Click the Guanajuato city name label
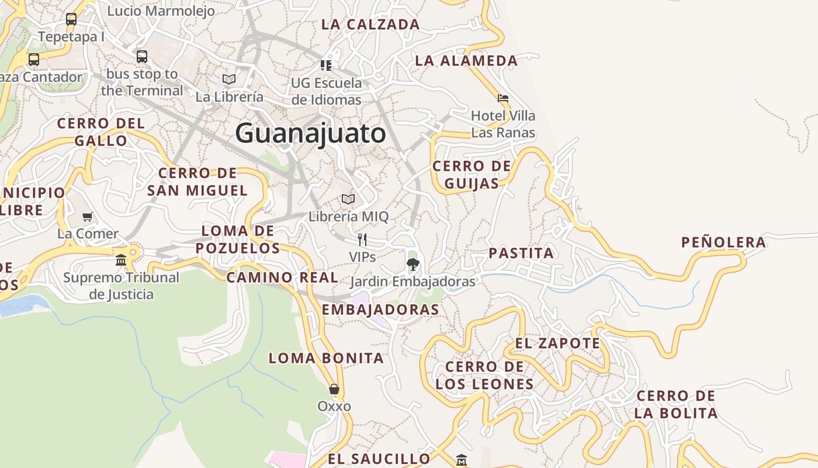(x=310, y=133)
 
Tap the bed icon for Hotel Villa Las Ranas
(x=502, y=98)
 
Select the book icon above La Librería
(x=229, y=79)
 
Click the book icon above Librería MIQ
(x=348, y=199)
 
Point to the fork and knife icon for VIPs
(x=362, y=239)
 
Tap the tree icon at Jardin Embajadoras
(x=413, y=264)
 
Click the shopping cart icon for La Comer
(x=88, y=216)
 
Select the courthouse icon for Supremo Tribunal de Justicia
(x=121, y=260)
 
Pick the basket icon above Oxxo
(x=334, y=389)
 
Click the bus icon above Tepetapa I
(x=71, y=19)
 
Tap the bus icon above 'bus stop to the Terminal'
(x=142, y=57)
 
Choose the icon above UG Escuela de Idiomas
(x=326, y=65)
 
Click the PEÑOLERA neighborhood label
(x=723, y=242)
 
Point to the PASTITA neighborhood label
(x=521, y=253)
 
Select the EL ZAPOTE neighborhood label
(x=557, y=343)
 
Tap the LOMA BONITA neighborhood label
(x=326, y=358)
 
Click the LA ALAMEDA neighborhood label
(x=466, y=60)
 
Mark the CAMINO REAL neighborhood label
(x=282, y=277)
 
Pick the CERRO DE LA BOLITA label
(x=676, y=404)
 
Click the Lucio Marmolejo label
(x=161, y=11)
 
